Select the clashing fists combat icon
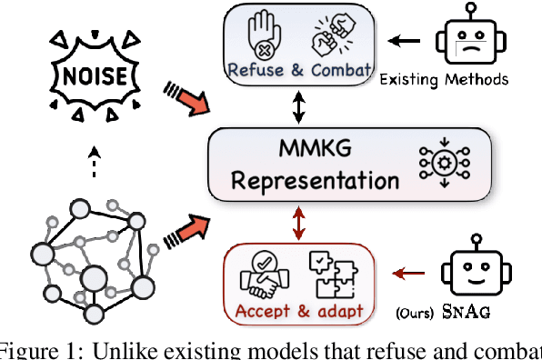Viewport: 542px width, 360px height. coord(332,34)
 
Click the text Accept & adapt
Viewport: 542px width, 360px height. coord(299,311)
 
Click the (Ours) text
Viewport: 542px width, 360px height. coord(417,314)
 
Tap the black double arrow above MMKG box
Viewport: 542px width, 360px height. coord(299,108)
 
